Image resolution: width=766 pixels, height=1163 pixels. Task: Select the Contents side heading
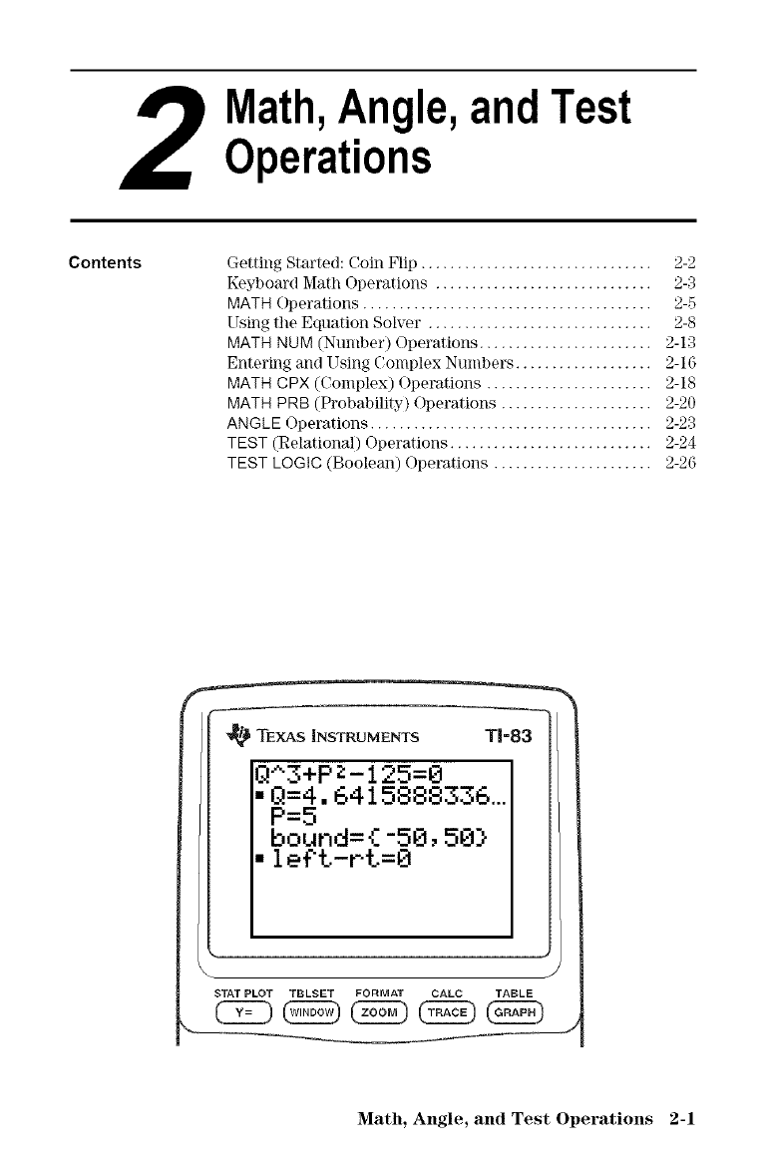pos(105,264)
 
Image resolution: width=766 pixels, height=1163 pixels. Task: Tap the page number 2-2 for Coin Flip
pos(683,264)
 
